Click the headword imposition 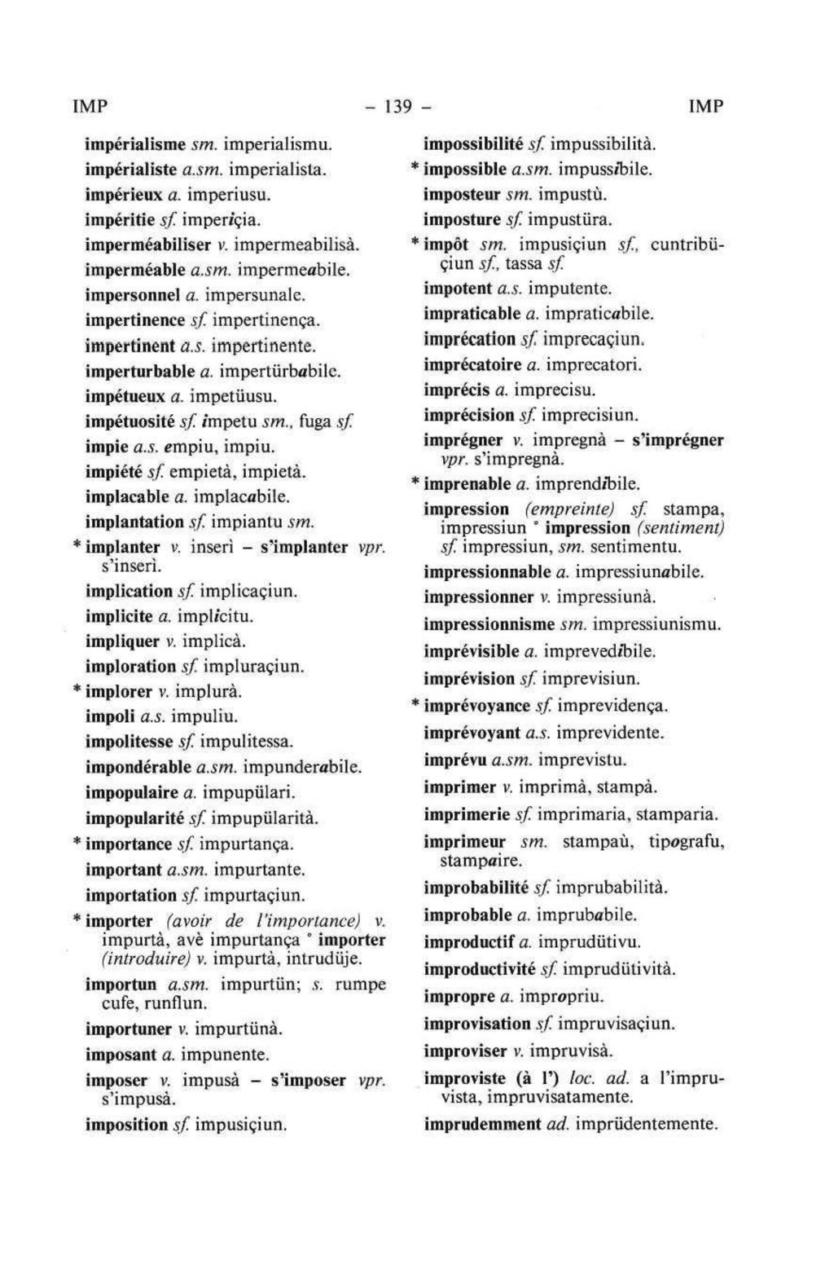126,1126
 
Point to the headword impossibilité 472,145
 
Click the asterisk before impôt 415,244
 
